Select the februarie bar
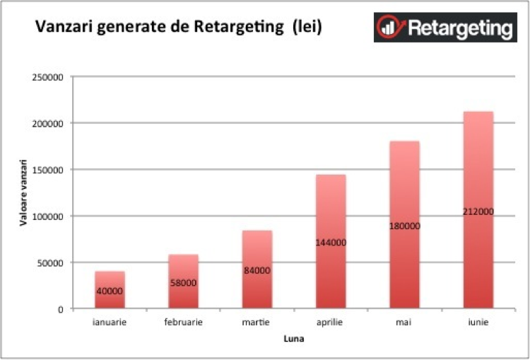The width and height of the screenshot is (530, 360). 183,269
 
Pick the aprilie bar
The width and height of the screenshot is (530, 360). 331,212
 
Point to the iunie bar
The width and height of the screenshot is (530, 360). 478,177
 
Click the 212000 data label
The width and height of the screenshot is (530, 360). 478,211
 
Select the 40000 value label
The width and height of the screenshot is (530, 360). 110,291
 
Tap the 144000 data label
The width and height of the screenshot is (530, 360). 331,243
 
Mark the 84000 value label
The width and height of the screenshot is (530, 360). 257,270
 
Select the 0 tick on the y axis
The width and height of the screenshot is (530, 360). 61,309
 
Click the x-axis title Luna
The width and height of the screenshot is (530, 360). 293,339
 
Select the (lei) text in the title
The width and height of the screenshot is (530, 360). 307,29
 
